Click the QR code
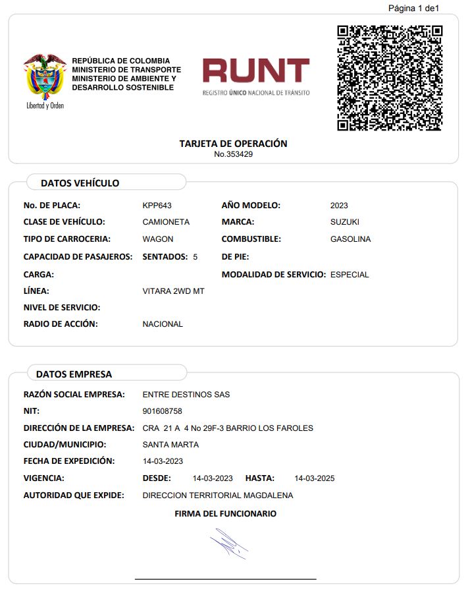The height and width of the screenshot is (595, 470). (x=390, y=78)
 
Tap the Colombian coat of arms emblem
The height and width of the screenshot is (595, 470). (x=45, y=77)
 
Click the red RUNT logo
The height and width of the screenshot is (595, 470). (x=255, y=71)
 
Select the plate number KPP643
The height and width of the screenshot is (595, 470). (x=157, y=206)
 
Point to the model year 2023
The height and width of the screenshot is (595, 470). (x=339, y=206)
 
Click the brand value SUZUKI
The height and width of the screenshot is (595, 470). (x=344, y=222)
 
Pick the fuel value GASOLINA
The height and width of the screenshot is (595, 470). (x=350, y=239)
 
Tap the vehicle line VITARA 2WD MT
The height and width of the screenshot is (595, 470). (x=173, y=291)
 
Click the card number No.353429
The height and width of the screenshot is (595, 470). (x=233, y=154)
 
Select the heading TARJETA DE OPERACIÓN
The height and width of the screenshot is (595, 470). (x=233, y=144)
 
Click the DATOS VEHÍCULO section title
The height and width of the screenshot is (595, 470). (x=80, y=183)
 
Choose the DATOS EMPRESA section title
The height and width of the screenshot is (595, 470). (x=74, y=374)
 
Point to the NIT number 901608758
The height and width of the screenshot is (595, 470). (x=162, y=411)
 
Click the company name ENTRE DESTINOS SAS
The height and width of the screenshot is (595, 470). (x=186, y=395)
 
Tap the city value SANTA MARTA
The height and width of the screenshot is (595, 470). (x=170, y=445)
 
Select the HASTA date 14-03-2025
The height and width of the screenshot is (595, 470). (x=314, y=478)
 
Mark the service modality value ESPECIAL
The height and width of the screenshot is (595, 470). (x=350, y=275)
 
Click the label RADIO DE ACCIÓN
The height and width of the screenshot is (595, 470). (x=60, y=324)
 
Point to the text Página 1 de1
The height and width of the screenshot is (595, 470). (x=413, y=8)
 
